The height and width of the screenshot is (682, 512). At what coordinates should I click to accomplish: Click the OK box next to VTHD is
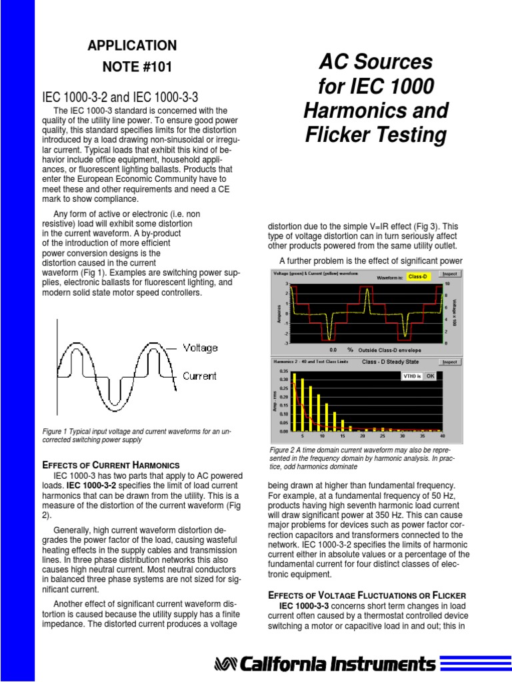[430, 376]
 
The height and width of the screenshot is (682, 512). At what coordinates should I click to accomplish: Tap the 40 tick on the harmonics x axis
[442, 436]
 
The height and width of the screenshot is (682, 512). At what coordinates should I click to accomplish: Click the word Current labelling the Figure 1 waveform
[199, 376]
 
